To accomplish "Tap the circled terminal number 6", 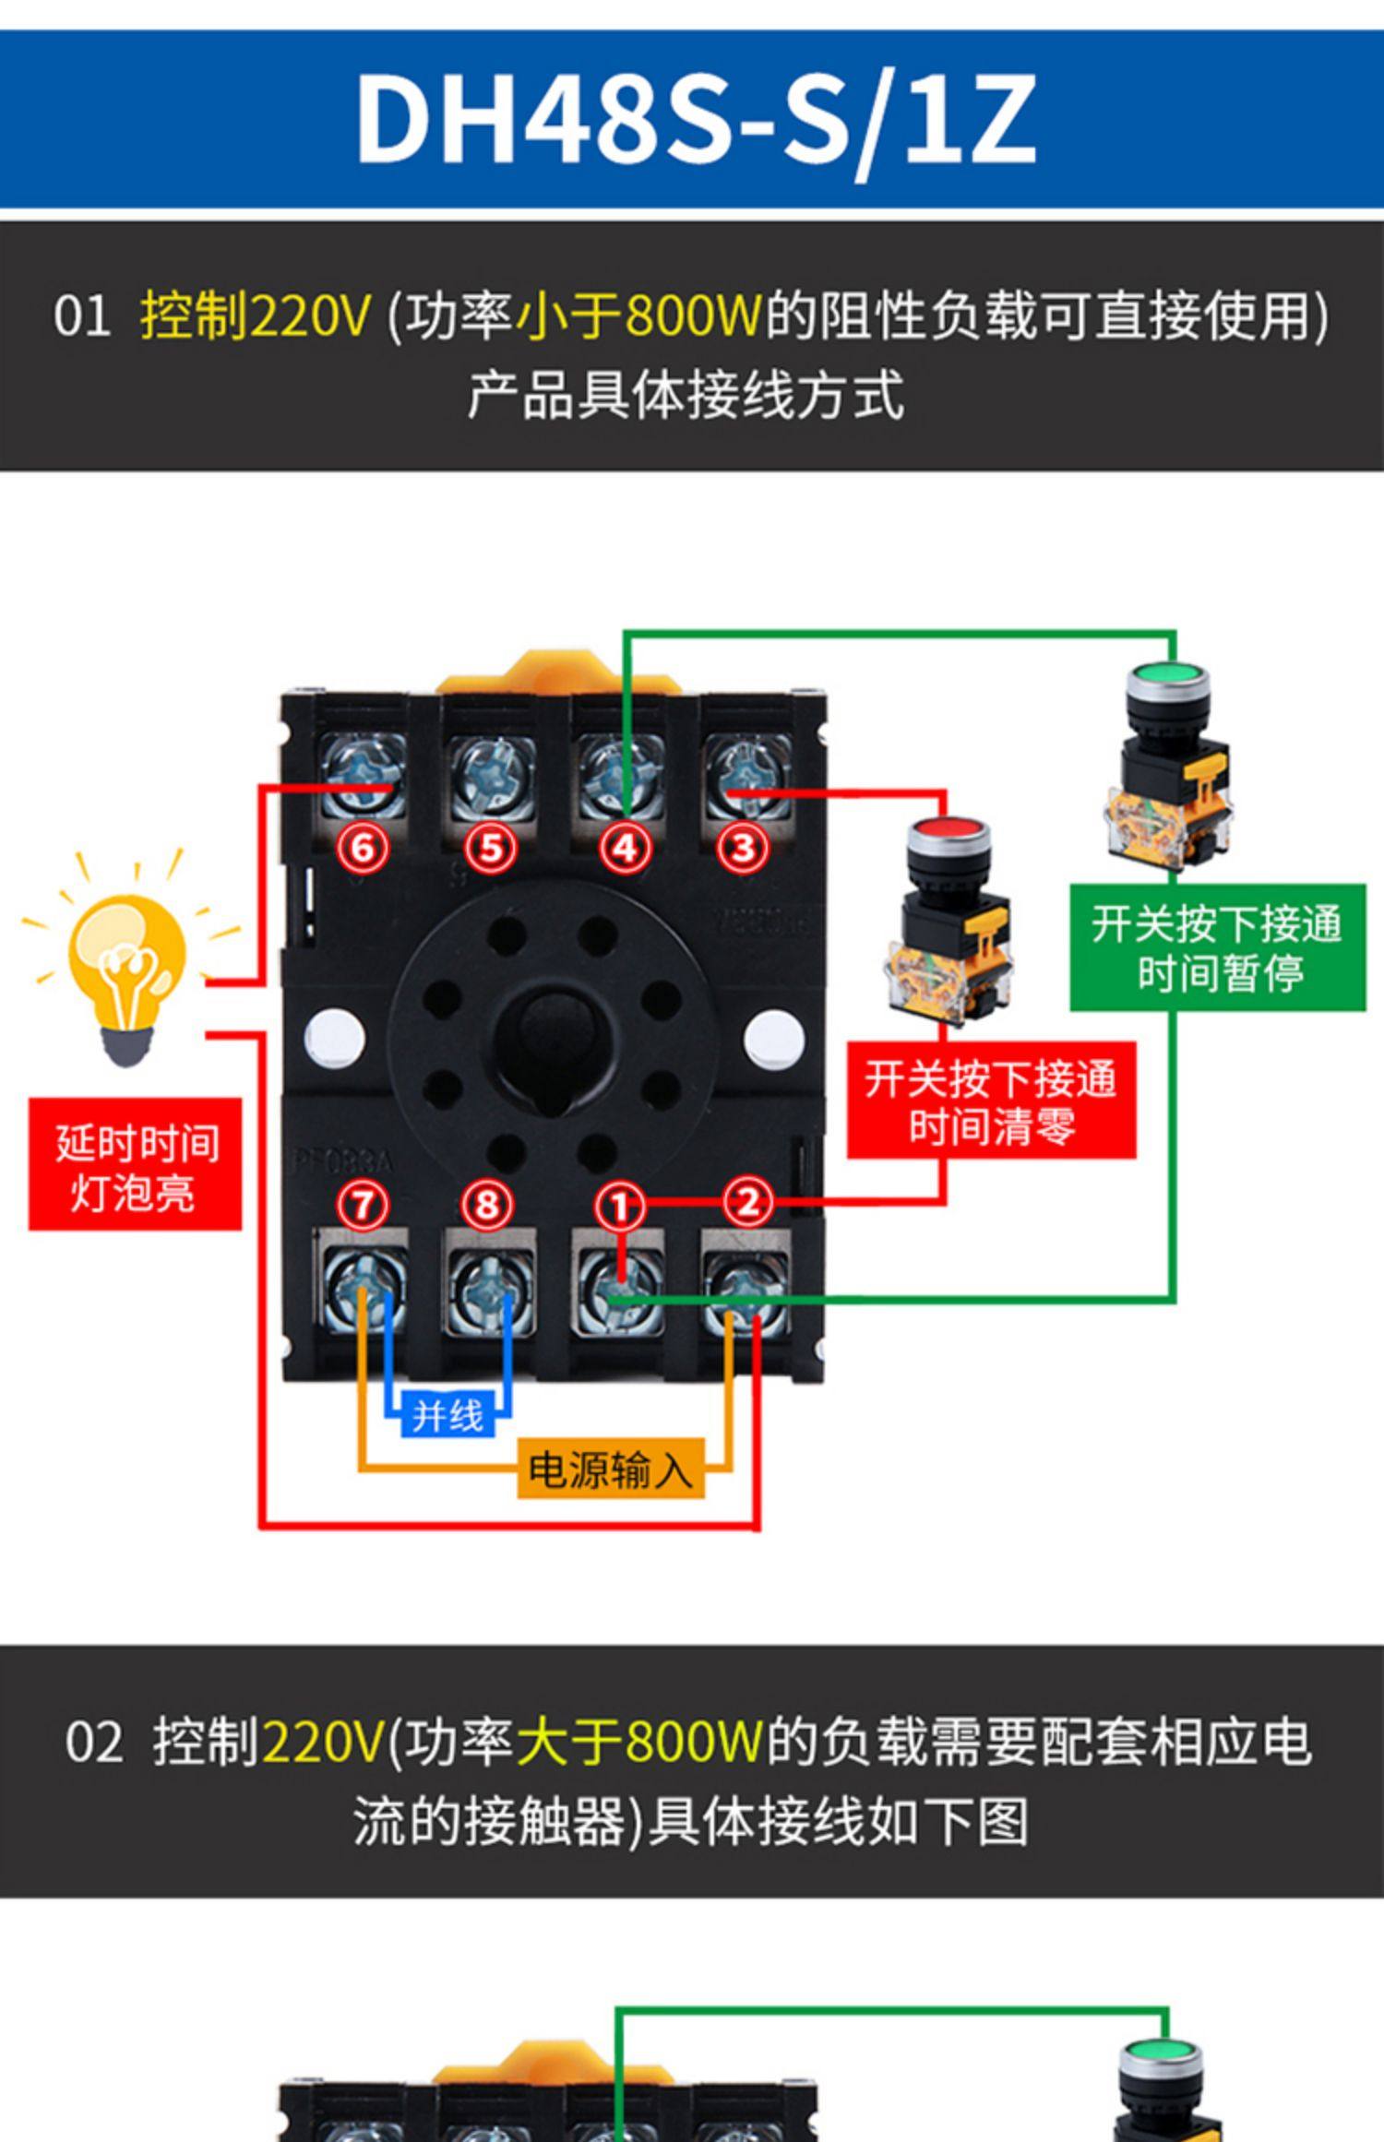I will [x=363, y=847].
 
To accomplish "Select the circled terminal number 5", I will [x=490, y=847].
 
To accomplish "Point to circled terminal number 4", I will [x=625, y=847].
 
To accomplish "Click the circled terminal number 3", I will [x=744, y=847].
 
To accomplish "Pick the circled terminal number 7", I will [x=362, y=1204].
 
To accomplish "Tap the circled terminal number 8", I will [x=487, y=1204].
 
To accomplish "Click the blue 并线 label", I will [x=448, y=1415].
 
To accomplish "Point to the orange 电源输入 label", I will [x=610, y=1469].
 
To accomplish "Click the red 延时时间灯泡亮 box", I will [x=135, y=1164].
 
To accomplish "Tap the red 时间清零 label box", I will [x=991, y=1101].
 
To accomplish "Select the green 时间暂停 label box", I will [x=1217, y=947].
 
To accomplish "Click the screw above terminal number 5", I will [x=490, y=776].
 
